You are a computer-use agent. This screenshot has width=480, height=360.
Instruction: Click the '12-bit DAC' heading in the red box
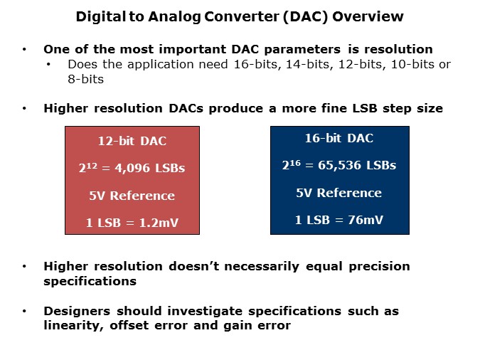point(132,142)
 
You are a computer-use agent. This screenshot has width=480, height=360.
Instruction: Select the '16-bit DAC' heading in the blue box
point(339,139)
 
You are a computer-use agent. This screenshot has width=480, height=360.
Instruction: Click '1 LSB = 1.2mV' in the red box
point(132,223)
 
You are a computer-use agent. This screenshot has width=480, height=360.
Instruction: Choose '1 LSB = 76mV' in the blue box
point(339,220)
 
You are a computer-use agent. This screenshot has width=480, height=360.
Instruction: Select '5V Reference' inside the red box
point(132,196)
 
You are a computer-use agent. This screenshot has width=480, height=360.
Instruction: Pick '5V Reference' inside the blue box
point(339,193)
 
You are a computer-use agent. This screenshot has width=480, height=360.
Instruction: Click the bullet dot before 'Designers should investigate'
point(25,312)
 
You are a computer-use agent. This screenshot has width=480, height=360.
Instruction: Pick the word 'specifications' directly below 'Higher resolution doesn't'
point(90,280)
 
